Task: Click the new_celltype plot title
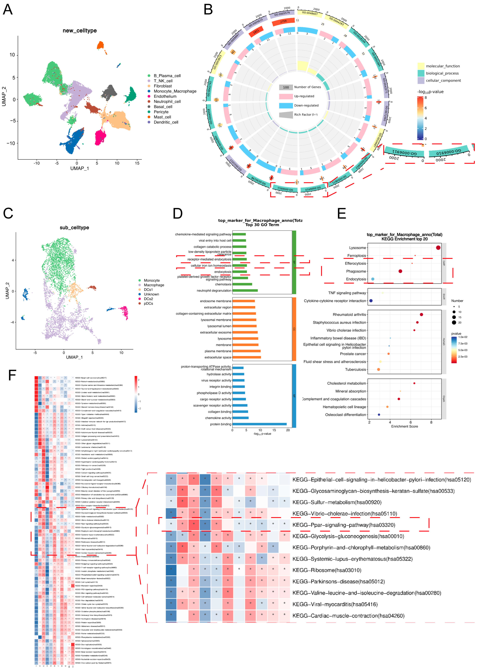click(x=80, y=31)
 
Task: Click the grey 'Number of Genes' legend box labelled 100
click(x=286, y=87)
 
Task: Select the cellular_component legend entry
click(x=443, y=80)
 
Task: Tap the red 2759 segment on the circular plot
click(x=283, y=21)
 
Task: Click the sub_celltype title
click(x=74, y=227)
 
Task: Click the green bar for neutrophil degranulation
click(x=245, y=291)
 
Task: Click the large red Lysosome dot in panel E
click(x=438, y=248)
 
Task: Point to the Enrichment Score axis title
click(x=404, y=426)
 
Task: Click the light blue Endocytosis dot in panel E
click(x=373, y=279)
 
